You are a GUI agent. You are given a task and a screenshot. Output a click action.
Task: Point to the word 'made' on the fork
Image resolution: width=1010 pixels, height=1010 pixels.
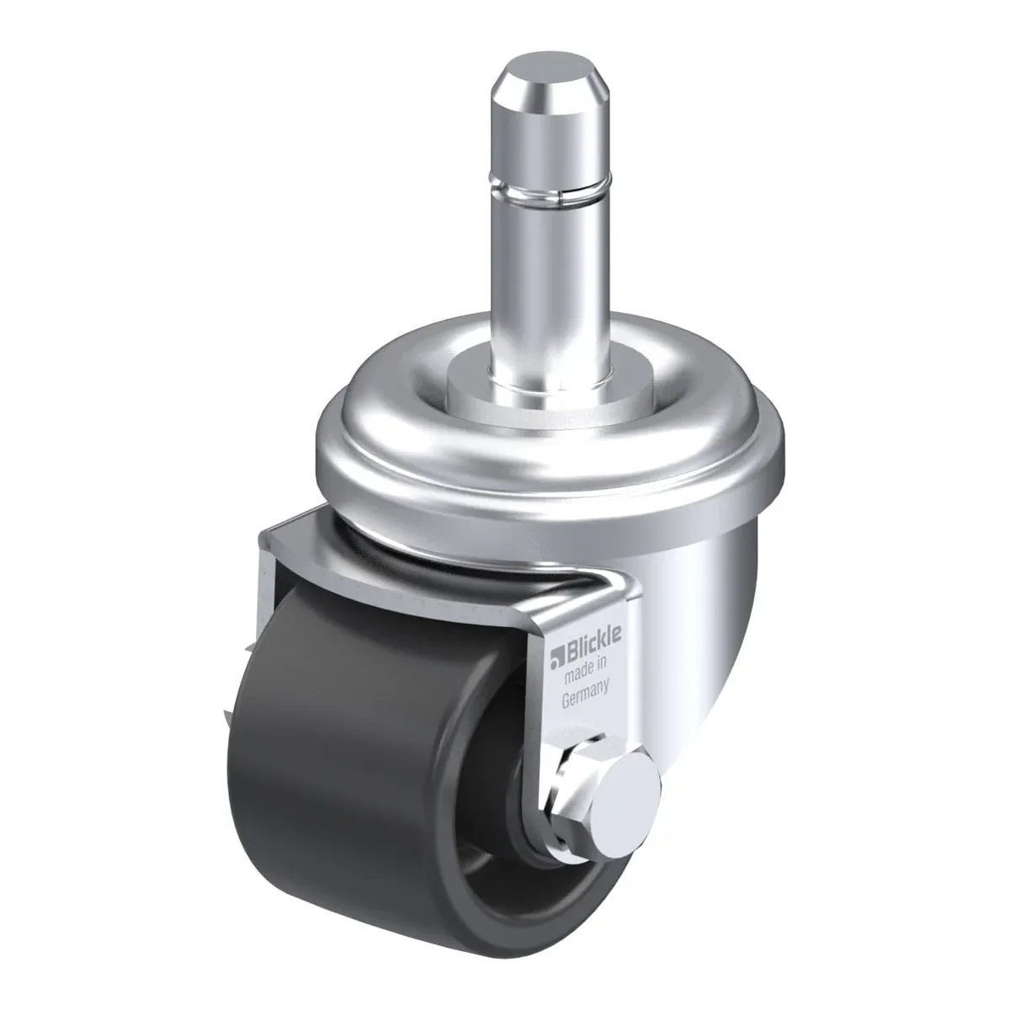[577, 673]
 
